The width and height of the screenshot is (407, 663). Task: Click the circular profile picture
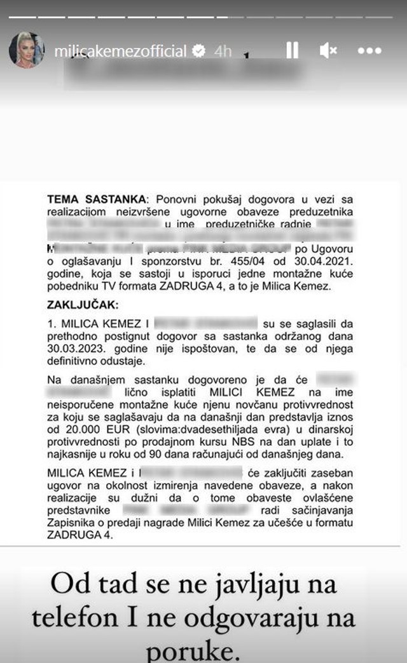pyautogui.click(x=27, y=50)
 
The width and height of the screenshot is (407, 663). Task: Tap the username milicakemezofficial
pyautogui.click(x=120, y=51)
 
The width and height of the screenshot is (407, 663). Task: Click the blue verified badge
pyautogui.click(x=200, y=51)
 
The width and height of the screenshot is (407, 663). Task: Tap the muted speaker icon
pyautogui.click(x=329, y=51)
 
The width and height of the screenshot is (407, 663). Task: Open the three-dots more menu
pyautogui.click(x=369, y=51)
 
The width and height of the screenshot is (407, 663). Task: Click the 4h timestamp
pyautogui.click(x=223, y=51)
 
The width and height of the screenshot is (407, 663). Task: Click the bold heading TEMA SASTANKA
pyautogui.click(x=96, y=199)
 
